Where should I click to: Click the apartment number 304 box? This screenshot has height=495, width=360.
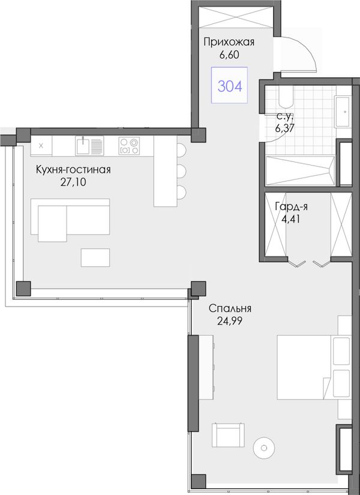(229, 85)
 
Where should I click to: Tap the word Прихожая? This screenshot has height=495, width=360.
(229, 41)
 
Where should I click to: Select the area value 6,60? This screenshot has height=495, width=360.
(229, 55)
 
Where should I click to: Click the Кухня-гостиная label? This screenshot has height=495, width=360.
(73, 170)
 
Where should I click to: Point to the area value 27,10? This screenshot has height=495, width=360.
(73, 182)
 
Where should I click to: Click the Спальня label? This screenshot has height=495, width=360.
(230, 308)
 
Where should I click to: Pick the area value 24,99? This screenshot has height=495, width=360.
(230, 321)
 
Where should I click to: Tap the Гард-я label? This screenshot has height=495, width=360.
(291, 206)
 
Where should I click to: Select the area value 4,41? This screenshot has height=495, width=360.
(291, 219)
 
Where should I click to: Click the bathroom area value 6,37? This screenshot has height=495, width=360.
(286, 128)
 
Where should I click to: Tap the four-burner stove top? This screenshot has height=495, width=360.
(129, 146)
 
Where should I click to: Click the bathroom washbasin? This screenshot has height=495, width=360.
(343, 112)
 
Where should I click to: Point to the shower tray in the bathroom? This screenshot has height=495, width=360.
(301, 170)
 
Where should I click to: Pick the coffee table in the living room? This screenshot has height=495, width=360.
(95, 257)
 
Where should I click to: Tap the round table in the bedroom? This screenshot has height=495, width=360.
(263, 448)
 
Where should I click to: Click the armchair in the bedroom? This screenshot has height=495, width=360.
(228, 435)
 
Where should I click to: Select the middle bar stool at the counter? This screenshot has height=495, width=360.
(181, 171)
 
